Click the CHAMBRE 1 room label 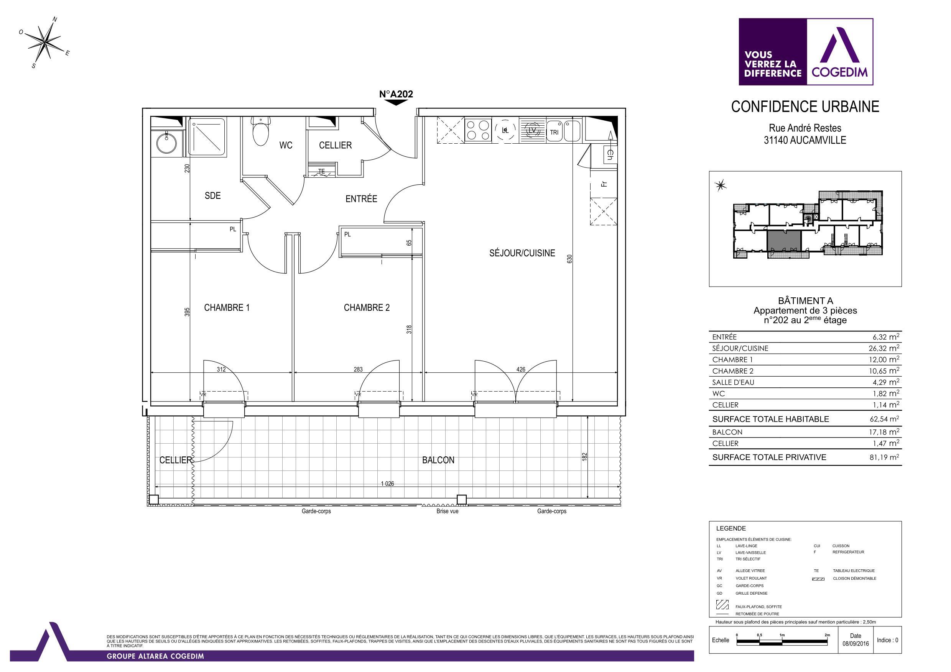tap(227, 308)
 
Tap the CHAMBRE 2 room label tap(367, 308)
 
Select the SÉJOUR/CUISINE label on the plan tap(522, 253)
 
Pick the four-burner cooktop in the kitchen tap(478, 129)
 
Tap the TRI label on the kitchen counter tap(554, 133)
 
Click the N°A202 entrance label tap(396, 94)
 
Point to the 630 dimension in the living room tap(569, 259)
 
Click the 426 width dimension tap(521, 369)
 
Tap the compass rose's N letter tap(55, 20)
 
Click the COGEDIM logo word tap(839, 73)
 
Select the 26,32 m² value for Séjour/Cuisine tap(884, 348)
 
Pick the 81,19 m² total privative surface tap(884, 457)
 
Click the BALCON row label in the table tap(727, 432)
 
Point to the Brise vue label tap(448, 511)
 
